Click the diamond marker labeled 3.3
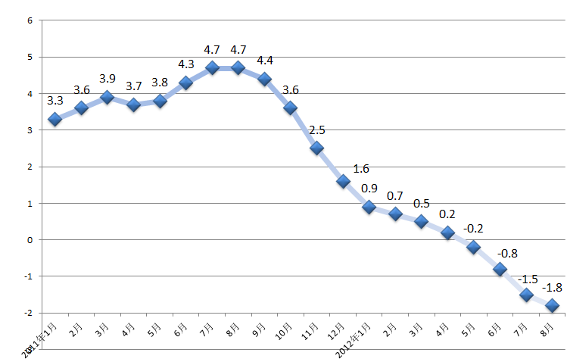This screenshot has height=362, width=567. pos(55,120)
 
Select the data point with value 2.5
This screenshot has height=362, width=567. pos(316,148)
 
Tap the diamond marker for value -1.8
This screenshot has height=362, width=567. pos(553,305)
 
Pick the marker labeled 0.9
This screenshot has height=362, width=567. pos(369,207)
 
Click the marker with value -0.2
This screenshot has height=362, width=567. pos(474,247)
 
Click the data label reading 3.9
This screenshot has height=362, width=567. pos(107,79)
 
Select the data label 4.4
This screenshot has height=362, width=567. pos(265,61)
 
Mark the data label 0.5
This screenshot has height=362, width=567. pos(421,204)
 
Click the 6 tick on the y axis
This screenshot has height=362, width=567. pos(30,20)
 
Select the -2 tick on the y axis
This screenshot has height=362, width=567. pos(27,313)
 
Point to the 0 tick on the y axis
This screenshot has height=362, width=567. pos(30,240)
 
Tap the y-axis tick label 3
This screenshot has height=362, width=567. pos(30,130)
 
